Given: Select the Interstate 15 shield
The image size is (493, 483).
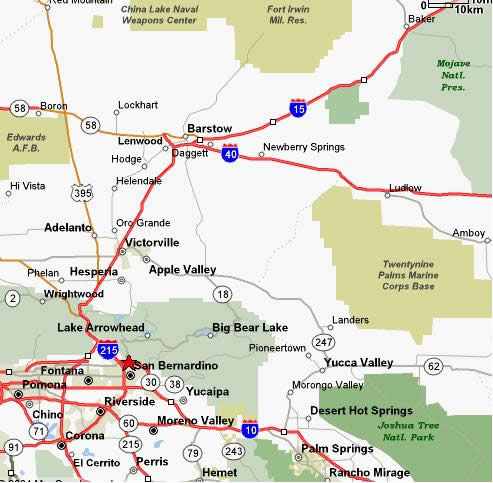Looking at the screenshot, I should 297,106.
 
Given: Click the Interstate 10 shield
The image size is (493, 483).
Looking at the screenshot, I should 249,428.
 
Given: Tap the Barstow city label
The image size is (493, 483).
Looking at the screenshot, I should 209,129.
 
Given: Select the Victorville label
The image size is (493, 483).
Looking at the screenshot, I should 151,242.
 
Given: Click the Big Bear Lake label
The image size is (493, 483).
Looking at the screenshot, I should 249,327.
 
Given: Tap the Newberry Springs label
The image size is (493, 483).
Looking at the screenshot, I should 302,148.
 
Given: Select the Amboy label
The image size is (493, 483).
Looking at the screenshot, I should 469,233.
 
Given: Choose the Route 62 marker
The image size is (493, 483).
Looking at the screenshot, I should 433,367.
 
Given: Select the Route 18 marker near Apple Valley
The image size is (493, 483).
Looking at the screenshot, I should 221,293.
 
